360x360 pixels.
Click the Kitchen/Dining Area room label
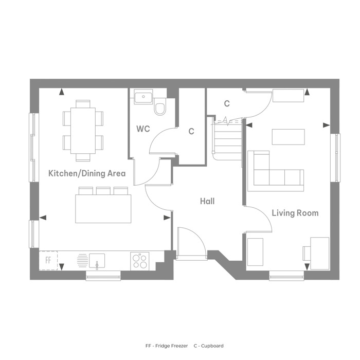[x=87, y=173]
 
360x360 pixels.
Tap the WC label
[x=143, y=129]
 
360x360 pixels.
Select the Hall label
[x=207, y=202]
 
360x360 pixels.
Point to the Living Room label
[x=295, y=213]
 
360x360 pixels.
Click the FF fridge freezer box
[x=48, y=260]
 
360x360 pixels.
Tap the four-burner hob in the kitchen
[x=140, y=261]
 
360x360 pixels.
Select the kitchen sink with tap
[x=97, y=261]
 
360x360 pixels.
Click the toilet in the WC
[x=160, y=106]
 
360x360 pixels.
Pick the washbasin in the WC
[x=143, y=98]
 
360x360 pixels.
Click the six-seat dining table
[x=83, y=131]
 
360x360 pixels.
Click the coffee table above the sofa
[x=289, y=137]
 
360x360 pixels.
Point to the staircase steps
[x=228, y=138]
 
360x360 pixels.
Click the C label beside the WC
[x=191, y=131]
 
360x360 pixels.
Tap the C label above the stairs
[x=227, y=103]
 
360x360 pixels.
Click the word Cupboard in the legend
[x=212, y=346]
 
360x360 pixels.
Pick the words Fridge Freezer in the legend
[x=171, y=346]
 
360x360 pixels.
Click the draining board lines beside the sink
[x=82, y=260]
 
